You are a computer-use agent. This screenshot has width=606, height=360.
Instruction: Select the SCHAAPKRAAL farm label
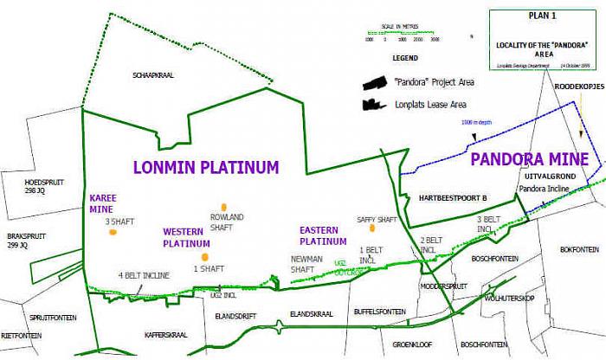click(153, 75)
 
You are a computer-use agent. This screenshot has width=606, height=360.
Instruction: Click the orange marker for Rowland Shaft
click(223, 207)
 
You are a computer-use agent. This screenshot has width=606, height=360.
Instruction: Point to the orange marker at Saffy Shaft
click(372, 228)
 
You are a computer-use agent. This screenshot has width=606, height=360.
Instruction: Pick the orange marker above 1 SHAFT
click(204, 256)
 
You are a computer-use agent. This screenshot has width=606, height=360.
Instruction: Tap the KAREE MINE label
click(103, 202)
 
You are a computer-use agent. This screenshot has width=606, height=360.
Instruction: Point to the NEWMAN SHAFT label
click(302, 264)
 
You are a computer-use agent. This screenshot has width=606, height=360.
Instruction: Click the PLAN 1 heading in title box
click(544, 16)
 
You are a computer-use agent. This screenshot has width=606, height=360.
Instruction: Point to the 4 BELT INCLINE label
click(144, 275)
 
